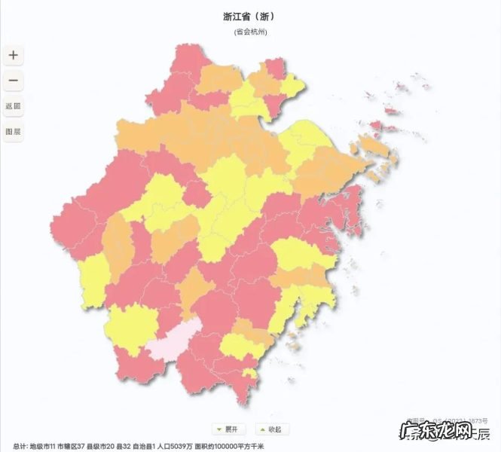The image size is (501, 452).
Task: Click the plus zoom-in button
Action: tap(13, 55)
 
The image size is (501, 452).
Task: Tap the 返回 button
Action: tap(13, 106)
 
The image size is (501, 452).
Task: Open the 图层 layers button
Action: tap(13, 131)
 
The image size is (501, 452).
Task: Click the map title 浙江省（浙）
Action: tap(250, 16)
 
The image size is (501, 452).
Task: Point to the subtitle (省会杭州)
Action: tap(250, 32)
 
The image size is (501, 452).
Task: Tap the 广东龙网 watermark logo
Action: tap(445, 433)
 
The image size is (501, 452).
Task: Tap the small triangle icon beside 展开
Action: tap(218, 429)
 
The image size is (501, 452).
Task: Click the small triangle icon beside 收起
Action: tap(261, 429)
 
